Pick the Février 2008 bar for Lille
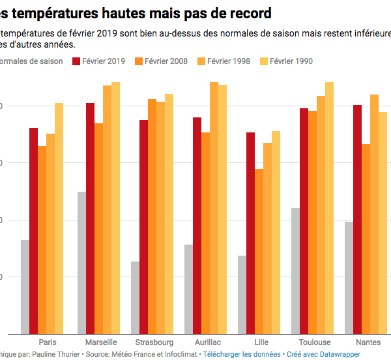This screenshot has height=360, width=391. point(259,251)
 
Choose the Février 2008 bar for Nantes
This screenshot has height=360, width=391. point(366,239)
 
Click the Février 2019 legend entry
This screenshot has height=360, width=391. point(97,61)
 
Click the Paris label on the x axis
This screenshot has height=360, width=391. point(48,342)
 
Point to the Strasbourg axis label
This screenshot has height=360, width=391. point(154,342)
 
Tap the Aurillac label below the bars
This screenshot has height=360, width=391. point(208,342)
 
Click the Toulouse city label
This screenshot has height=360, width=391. point(315,342)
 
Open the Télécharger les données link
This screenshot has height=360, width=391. point(242,354)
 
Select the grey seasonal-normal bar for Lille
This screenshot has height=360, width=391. point(242,294)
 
